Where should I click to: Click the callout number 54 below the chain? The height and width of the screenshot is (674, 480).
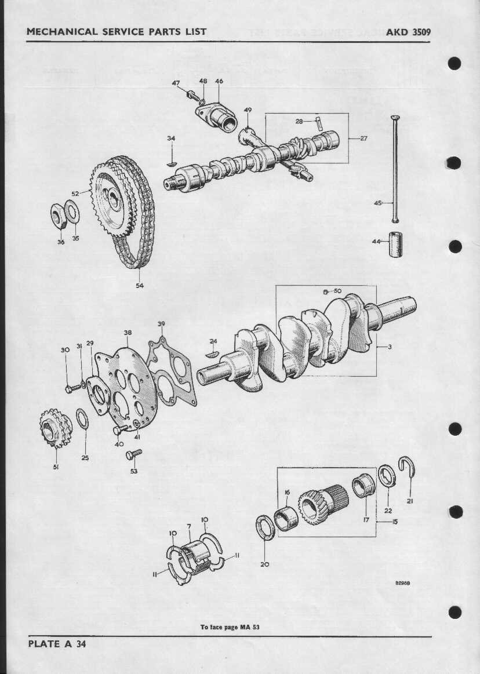[140, 285]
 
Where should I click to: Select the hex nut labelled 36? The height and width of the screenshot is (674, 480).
[58, 217]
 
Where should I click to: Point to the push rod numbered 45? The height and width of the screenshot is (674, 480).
[395, 169]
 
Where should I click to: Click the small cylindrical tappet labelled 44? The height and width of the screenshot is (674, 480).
[396, 245]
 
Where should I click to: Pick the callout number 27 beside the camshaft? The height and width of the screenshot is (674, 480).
[363, 139]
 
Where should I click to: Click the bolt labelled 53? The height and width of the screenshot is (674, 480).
[134, 454]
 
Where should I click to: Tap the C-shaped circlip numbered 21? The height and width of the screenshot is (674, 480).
[408, 467]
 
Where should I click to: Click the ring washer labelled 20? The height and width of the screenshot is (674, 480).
[265, 528]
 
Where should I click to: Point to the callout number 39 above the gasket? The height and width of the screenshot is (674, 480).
[161, 324]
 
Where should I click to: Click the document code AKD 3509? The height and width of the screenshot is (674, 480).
[408, 32]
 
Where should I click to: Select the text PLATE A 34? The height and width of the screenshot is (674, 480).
[57, 643]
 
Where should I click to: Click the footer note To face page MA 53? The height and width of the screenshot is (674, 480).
[230, 627]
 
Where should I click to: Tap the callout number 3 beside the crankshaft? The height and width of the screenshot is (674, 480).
[390, 347]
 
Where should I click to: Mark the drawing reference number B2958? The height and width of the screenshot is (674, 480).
[402, 583]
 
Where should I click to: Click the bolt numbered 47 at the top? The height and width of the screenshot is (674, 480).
[193, 95]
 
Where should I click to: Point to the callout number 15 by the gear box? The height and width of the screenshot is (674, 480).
[394, 522]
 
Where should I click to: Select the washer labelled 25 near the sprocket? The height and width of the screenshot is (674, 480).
[82, 419]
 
